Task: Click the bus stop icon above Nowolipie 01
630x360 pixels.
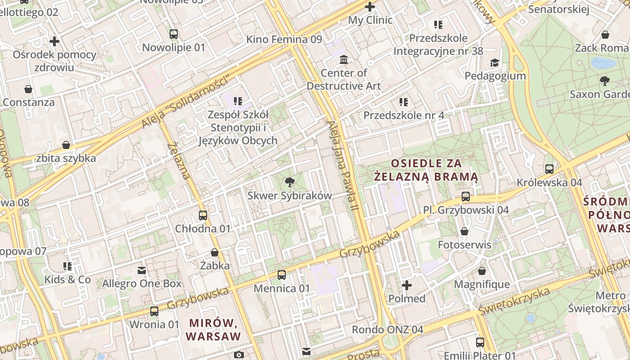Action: click(x=174, y=34)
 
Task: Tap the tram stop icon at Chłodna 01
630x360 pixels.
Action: click(x=203, y=215)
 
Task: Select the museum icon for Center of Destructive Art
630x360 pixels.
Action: click(x=344, y=59)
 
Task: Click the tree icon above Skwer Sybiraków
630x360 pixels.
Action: click(x=290, y=182)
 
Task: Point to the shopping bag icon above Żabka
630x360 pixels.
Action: click(x=215, y=252)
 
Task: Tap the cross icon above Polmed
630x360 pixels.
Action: click(x=407, y=285)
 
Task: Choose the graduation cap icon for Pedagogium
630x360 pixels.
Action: click(x=495, y=63)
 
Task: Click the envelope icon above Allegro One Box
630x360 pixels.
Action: click(x=142, y=270)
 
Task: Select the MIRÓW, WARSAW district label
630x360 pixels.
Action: click(x=213, y=329)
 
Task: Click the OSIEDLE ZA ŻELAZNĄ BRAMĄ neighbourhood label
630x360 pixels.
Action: click(x=427, y=170)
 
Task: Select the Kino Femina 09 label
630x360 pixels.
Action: click(x=284, y=40)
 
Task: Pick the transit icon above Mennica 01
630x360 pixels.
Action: click(x=282, y=274)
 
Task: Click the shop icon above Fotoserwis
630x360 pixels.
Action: click(x=464, y=231)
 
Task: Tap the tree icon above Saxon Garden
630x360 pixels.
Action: click(x=605, y=81)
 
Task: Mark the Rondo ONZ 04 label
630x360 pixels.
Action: click(x=387, y=329)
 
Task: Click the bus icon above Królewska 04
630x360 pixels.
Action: click(x=549, y=169)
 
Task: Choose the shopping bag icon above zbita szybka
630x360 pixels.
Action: click(x=66, y=145)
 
